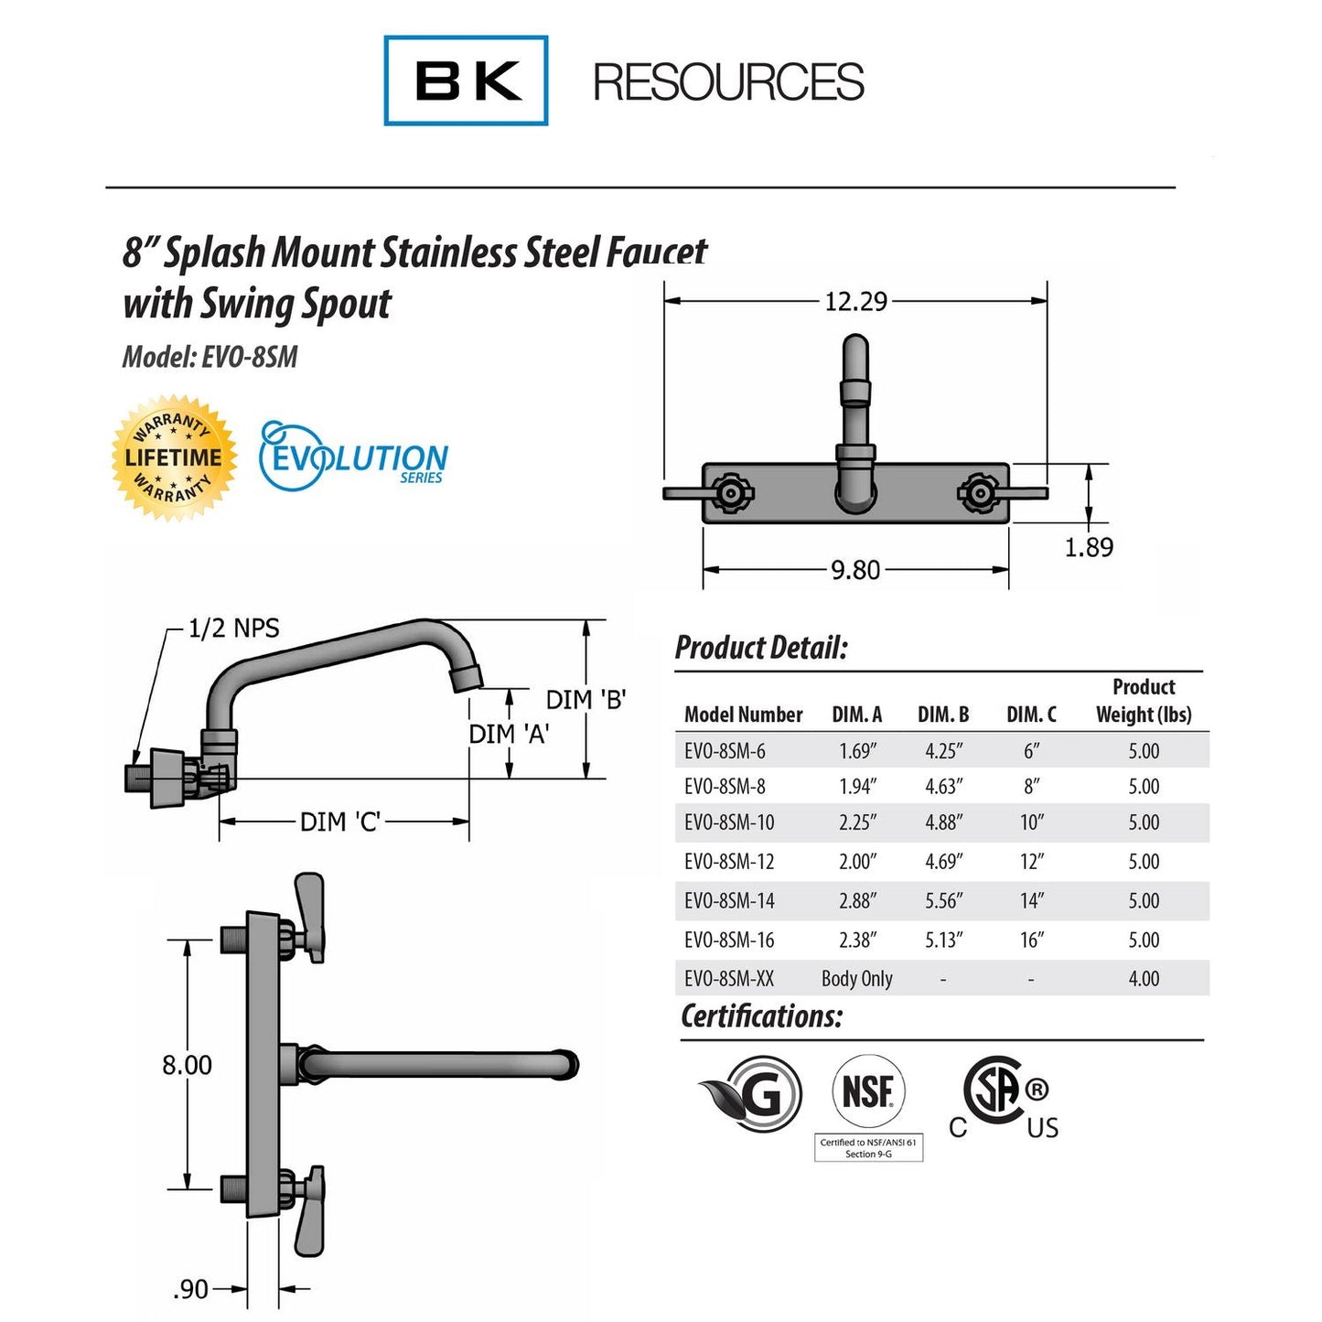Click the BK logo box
pos(466,81)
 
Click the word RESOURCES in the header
pos(727,82)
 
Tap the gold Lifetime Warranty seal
pos(174,457)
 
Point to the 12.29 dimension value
pos(855,301)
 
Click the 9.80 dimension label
pos(854,570)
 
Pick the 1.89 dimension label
pos(1089,547)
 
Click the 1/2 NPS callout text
pos(233,629)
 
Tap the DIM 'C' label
pos(340,822)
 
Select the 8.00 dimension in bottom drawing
pos(187,1065)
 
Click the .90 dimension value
pos(190,1289)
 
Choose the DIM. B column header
pos(943,715)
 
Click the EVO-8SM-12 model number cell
pos(729,861)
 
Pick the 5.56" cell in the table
pos(943,900)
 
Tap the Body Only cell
pos(856,978)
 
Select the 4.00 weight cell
pos(1144,978)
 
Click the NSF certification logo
pos(867,1091)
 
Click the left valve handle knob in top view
pos(731,493)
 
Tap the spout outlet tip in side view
pos(466,678)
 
